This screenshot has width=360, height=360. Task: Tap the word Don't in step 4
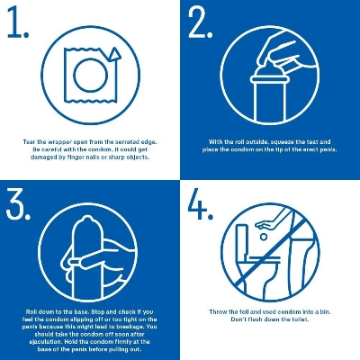coord(239,319)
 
